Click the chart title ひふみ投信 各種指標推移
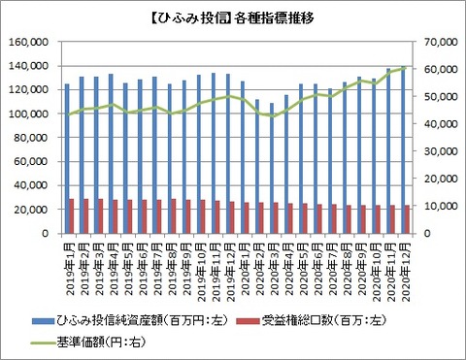(233, 17)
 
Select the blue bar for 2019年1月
(67, 159)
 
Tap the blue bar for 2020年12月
(404, 150)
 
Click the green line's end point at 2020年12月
(406, 68)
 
